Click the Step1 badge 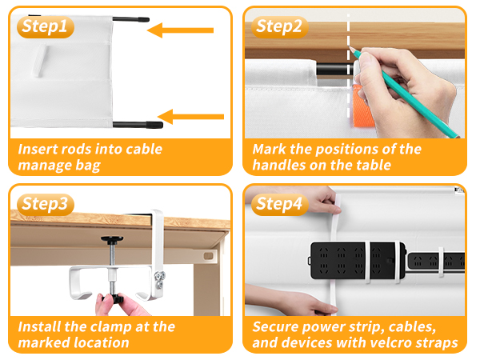pos(45,27)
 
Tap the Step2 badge pos(280,27)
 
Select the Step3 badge pos(45,203)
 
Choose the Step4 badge pos(280,203)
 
